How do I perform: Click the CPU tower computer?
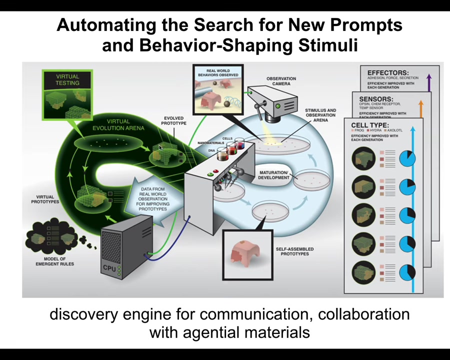(x=124, y=250)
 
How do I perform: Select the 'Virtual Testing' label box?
(x=67, y=79)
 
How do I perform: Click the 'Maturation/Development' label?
(x=274, y=175)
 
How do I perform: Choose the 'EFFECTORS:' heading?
(x=387, y=73)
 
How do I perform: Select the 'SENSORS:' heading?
(x=376, y=99)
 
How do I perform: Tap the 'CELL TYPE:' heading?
(x=370, y=125)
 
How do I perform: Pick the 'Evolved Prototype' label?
(x=174, y=120)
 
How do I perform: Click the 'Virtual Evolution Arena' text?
(x=118, y=124)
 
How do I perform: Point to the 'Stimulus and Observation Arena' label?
(x=320, y=115)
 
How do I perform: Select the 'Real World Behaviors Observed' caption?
(x=218, y=72)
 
